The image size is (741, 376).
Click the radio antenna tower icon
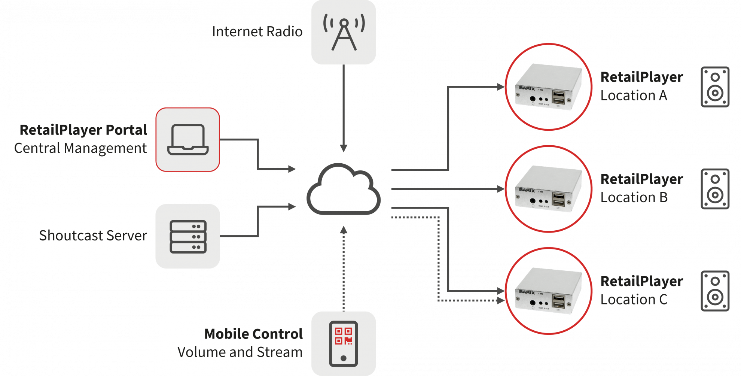(344, 33)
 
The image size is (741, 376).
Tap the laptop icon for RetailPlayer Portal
(188, 140)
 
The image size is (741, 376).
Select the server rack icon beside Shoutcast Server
(188, 236)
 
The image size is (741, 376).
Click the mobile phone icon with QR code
(344, 343)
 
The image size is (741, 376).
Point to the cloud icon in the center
(344, 190)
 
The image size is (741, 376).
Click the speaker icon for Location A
(715, 87)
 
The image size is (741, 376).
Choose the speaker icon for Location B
(715, 189)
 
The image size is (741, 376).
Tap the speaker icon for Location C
(715, 291)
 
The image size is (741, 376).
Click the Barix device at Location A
(548, 87)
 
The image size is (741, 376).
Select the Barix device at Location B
(548, 189)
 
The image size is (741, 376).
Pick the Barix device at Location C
(548, 291)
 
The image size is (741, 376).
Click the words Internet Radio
(257, 32)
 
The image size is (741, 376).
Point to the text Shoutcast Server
(93, 236)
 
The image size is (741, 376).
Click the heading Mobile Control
(253, 334)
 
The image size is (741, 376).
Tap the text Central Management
(80, 148)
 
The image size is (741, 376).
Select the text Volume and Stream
(240, 352)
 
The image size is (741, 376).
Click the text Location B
(634, 197)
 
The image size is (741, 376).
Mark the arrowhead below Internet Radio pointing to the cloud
(344, 148)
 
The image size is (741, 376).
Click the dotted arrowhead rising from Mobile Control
(344, 230)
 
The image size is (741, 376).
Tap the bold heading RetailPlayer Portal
(83, 130)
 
